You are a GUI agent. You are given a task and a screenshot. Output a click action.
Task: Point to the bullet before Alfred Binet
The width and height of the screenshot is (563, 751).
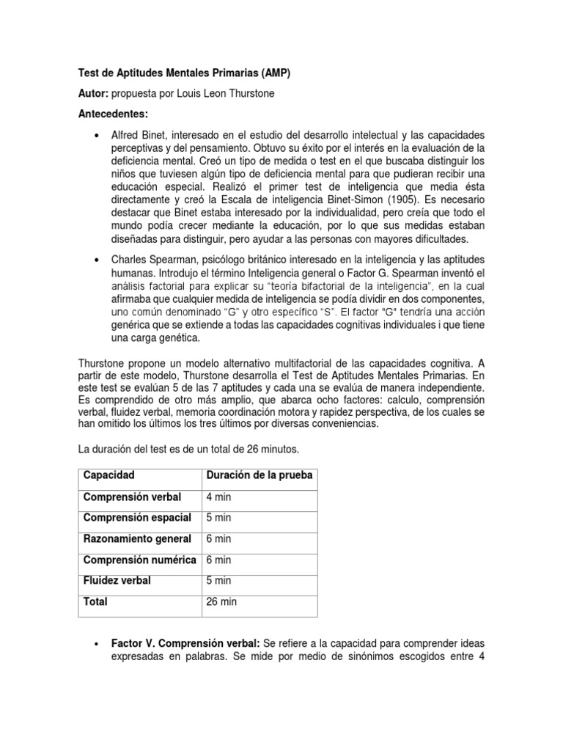(97, 137)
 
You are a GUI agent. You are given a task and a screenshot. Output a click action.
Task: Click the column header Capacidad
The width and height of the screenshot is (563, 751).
(109, 475)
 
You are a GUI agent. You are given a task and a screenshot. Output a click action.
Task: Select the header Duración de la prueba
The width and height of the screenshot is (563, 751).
(259, 475)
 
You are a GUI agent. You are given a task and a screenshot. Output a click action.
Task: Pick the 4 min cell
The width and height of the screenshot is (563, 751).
(220, 497)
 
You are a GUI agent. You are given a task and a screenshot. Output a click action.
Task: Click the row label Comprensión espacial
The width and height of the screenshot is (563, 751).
(138, 518)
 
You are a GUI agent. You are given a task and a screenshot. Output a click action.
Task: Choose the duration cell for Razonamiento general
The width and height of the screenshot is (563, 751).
(220, 539)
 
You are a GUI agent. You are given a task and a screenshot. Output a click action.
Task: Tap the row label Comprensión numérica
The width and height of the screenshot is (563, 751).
(139, 560)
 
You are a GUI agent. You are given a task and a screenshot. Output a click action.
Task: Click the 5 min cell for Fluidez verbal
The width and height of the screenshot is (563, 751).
(220, 580)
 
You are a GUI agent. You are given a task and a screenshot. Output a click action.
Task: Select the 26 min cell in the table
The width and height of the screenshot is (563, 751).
(223, 602)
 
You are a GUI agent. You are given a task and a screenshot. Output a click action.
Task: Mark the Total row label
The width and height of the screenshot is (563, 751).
(95, 602)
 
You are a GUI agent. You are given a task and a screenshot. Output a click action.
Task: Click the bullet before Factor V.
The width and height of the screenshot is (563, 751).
(97, 643)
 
